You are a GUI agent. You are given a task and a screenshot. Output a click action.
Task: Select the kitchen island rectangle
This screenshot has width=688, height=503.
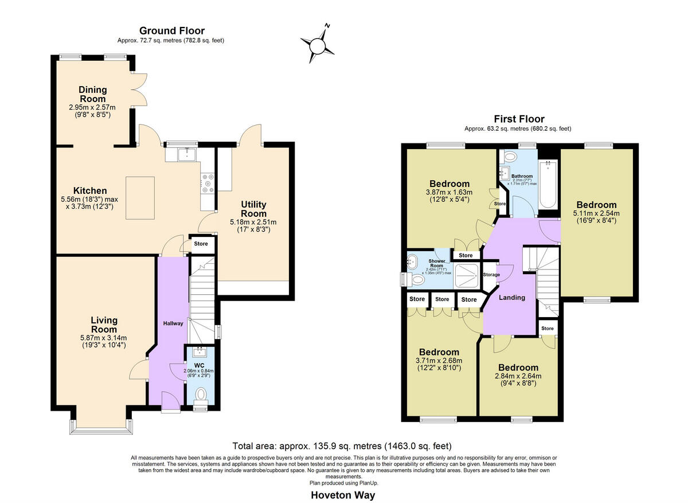140,198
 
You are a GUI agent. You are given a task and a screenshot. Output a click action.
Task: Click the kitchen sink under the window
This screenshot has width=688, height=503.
187,154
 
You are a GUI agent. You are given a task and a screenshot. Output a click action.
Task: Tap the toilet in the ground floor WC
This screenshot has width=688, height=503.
201,395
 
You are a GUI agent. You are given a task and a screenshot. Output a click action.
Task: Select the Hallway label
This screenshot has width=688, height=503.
173,323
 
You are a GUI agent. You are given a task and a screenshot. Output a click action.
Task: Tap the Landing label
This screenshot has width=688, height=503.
512,297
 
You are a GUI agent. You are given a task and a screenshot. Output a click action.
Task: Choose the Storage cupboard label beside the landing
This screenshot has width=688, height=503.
491,275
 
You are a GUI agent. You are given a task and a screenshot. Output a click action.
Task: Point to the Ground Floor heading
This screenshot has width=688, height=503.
172,31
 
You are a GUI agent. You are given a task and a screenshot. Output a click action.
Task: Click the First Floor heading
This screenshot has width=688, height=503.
519,119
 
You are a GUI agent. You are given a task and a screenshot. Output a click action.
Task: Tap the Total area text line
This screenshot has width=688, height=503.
342,446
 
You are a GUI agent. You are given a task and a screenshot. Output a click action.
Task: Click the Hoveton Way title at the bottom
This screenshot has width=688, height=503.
343,494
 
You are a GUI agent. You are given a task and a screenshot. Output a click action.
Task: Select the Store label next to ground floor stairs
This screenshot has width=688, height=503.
201,244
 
